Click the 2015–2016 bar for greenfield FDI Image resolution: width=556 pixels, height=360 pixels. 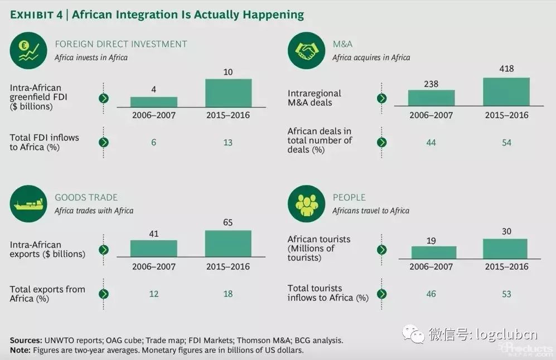228,93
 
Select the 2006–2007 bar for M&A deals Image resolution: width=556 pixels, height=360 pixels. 432,98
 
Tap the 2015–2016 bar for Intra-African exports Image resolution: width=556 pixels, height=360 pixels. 228,243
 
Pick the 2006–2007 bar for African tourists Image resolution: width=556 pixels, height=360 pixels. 433,252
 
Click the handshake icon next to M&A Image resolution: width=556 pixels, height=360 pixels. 306,51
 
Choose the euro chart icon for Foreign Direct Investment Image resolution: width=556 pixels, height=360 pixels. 28,51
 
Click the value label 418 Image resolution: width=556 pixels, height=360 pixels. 506,69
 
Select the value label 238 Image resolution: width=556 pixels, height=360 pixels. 432,84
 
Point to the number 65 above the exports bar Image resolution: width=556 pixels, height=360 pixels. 228,222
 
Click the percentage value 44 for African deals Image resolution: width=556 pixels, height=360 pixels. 431,142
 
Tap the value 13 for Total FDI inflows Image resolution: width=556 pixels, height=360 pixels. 228,142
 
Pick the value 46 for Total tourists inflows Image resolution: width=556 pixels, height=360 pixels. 431,294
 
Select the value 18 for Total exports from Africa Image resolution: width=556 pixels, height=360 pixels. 228,294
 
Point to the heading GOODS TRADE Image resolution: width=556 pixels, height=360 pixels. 86,197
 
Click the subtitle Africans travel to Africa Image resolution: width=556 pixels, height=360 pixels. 370,211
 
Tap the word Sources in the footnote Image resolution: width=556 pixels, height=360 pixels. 25,340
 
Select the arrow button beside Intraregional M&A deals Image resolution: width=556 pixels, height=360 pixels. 382,98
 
